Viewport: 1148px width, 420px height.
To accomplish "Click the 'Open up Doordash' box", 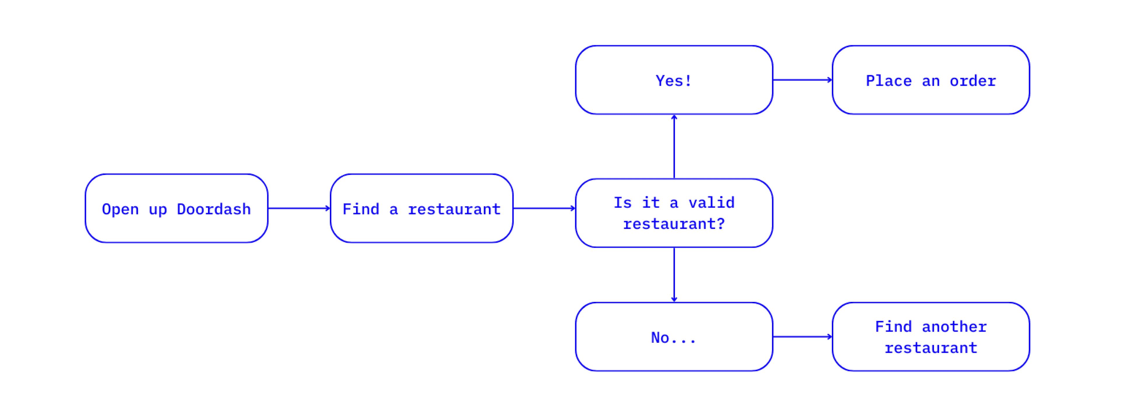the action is pos(176,208).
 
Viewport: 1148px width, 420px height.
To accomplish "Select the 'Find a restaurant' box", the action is pos(421,208).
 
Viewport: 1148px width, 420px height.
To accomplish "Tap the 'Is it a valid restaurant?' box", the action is pos(674,213).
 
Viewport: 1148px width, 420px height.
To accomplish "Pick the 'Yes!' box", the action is pos(674,80).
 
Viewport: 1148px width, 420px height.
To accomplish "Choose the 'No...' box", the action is pos(674,337).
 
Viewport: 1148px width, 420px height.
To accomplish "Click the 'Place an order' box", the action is pos(930,80).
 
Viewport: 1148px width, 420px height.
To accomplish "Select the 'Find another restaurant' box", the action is pos(930,337).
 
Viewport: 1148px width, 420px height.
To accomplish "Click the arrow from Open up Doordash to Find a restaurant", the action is pos(299,208).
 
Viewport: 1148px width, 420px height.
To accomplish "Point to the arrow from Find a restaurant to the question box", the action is pos(544,208).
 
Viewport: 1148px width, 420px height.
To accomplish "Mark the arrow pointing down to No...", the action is pos(674,275).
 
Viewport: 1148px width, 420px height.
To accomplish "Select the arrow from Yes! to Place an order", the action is pos(802,80).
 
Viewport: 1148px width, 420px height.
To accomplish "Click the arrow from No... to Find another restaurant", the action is pos(802,337).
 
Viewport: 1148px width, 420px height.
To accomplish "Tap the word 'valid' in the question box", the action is pos(711,202).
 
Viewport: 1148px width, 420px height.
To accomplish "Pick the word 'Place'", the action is pos(889,81).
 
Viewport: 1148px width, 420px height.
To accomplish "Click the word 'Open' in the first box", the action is pos(120,209).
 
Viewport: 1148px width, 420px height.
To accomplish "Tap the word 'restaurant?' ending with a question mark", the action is pos(674,223).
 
